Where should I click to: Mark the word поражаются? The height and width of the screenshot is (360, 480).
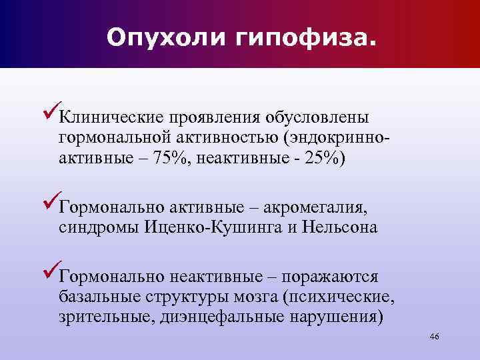click(x=330, y=277)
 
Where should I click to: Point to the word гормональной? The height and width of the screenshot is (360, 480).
click(x=116, y=139)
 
